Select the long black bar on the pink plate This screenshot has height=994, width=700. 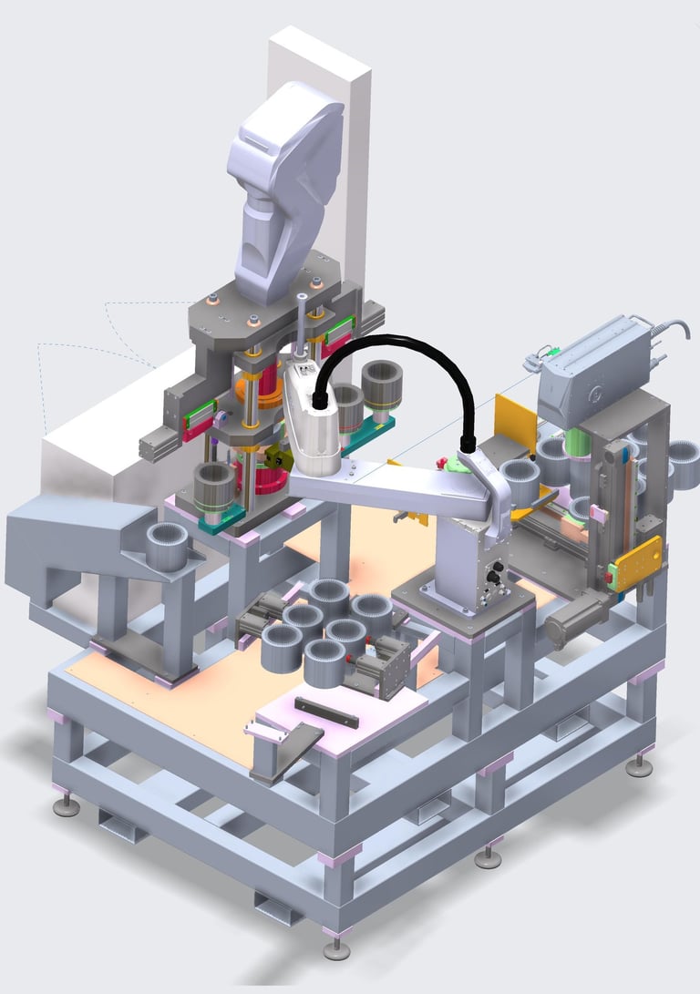click(x=325, y=712)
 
